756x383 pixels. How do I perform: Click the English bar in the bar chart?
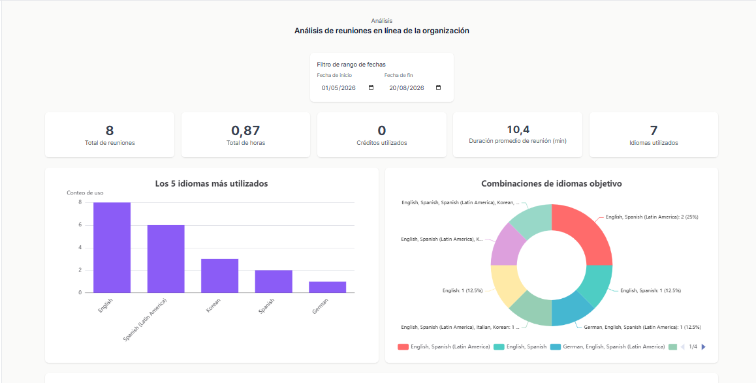tap(112, 248)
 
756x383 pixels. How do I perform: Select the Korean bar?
tap(220, 275)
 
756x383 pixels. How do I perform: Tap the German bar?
tap(327, 287)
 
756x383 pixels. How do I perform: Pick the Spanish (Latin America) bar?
tap(166, 259)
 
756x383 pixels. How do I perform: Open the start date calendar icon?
tap(371, 88)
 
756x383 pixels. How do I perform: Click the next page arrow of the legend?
tap(704, 347)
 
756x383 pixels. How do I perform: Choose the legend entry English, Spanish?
tap(520, 347)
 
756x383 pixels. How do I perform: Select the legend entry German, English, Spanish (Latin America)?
tap(608, 347)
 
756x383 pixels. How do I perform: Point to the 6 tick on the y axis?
tap(80, 225)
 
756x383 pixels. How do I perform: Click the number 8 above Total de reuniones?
tap(110, 130)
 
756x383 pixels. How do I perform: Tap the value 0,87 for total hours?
tap(245, 130)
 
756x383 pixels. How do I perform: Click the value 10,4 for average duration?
tap(518, 129)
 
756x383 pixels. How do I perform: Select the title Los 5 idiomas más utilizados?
tap(212, 183)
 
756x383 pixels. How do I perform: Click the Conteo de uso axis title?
tap(85, 192)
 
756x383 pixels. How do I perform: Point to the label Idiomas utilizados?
tap(654, 143)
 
